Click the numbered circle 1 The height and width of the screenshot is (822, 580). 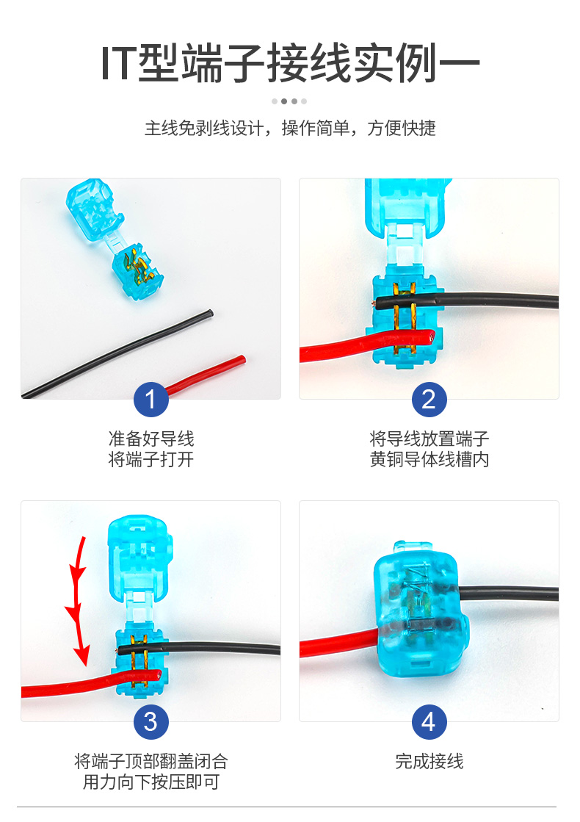point(151,400)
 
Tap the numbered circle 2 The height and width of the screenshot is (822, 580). point(429,400)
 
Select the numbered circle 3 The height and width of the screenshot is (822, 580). point(151,722)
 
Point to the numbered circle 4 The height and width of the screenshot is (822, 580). point(429,722)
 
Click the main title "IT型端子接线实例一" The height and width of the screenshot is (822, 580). point(290,63)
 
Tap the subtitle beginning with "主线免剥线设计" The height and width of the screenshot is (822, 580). point(290,128)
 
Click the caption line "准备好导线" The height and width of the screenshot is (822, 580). point(151,439)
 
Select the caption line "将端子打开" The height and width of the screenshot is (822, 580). point(151,459)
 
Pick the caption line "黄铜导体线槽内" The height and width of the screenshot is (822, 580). point(429,459)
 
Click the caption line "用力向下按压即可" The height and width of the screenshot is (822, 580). point(151,782)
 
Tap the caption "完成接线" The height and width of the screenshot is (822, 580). point(429,761)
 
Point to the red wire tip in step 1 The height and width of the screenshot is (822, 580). point(242,359)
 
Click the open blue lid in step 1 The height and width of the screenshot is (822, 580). point(94,209)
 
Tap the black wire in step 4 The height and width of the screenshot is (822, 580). point(508,593)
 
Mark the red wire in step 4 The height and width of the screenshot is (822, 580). point(338,643)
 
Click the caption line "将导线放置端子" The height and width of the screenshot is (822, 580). point(429,439)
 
